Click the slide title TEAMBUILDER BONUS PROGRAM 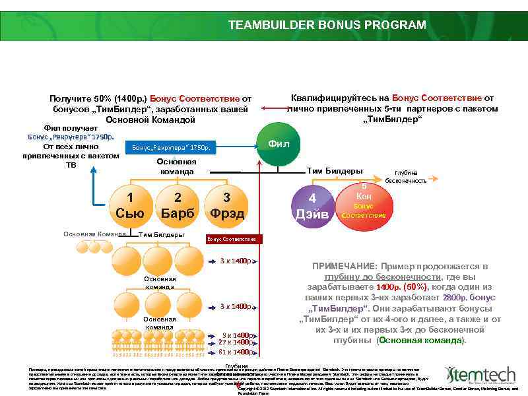point(327,25)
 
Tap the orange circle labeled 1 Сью point(130,205)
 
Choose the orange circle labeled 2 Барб point(178,205)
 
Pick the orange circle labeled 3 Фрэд point(226,205)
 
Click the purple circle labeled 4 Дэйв point(313,205)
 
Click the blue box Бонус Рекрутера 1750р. point(170,148)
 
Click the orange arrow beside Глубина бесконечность point(434,178)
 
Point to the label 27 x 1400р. point(236,342)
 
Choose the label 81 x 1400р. point(236,352)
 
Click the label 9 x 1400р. point(238,335)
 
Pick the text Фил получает point(70,127)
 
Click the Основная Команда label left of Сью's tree point(94,234)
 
